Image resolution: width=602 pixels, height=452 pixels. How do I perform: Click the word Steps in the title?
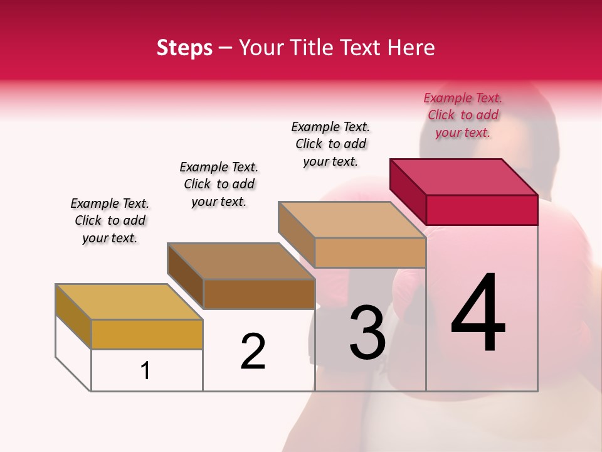[184, 48]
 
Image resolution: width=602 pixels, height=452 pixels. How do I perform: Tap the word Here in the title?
[411, 48]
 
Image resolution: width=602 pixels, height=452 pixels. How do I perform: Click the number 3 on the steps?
[367, 333]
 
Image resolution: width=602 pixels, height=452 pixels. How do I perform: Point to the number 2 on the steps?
[253, 352]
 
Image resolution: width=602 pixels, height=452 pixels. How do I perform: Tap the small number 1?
[145, 370]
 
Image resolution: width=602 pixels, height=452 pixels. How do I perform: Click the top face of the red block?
[463, 176]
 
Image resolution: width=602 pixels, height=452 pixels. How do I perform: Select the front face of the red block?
[482, 210]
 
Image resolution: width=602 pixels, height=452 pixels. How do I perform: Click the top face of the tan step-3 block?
[351, 219]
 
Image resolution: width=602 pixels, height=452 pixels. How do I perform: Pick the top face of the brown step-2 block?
[240, 261]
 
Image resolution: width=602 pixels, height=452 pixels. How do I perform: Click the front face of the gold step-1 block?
[147, 334]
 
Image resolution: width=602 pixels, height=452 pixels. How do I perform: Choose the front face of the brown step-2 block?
[259, 294]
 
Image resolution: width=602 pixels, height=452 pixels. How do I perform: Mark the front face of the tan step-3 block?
[370, 252]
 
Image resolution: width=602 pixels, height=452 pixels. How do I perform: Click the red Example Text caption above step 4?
[463, 115]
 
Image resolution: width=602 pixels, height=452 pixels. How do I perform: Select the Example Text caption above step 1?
[110, 220]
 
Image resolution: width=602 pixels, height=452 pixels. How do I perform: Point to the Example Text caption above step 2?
[219, 184]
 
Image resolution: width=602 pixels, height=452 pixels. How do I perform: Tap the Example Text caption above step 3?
[330, 144]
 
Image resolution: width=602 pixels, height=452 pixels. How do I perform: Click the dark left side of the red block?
[408, 191]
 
